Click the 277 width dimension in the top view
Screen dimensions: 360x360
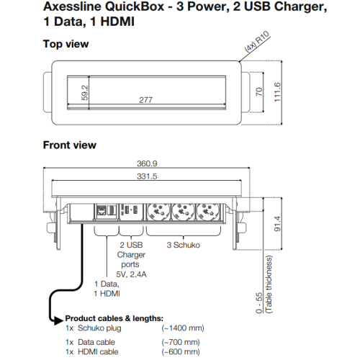[x=145, y=100]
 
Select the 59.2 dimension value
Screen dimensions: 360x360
[x=85, y=93]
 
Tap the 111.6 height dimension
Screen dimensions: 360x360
[x=277, y=92]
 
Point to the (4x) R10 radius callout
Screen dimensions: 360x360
[x=257, y=41]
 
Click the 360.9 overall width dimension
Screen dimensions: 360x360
[x=147, y=163]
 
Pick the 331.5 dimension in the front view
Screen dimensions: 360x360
[x=147, y=176]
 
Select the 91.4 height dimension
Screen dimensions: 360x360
[x=277, y=224]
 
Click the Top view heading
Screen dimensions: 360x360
[x=66, y=44]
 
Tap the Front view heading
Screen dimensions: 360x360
[x=70, y=145]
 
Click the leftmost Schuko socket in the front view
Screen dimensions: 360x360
[x=157, y=211]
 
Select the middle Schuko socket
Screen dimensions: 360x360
[x=183, y=211]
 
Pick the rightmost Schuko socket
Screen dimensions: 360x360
[x=208, y=211]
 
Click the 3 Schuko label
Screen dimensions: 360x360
[x=184, y=245]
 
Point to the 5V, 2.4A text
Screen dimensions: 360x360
[x=131, y=274]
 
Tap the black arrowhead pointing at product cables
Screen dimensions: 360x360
[x=58, y=320]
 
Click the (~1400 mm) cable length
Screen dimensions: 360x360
[x=183, y=328]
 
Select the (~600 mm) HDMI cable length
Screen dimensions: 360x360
[x=181, y=352]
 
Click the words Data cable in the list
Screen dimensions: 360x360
[x=96, y=342]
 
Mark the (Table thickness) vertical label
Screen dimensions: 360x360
[x=269, y=284]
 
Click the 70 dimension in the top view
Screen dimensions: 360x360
[x=259, y=92]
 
